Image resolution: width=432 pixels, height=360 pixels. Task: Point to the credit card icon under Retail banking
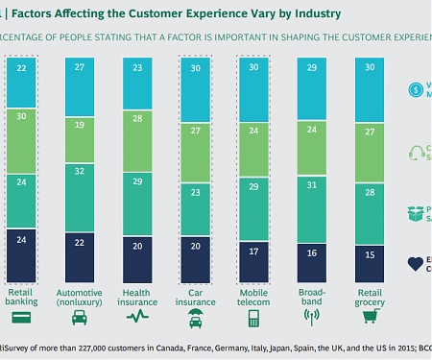tap(22, 315)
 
